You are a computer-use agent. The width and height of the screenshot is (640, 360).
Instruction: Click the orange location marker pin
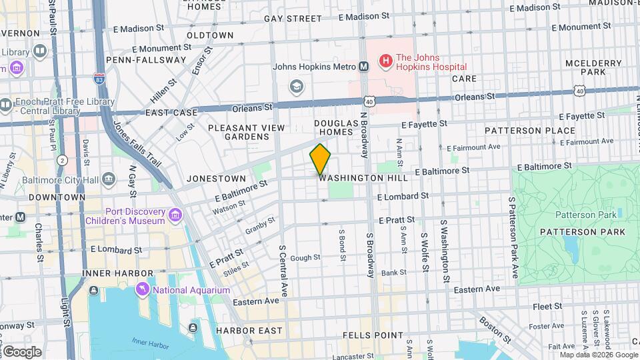pos(321,159)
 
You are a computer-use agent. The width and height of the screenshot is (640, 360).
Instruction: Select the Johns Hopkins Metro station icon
pos(364,66)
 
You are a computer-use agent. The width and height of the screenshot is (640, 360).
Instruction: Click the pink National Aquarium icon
pos(142,289)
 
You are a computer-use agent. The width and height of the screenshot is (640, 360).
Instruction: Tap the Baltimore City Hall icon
pos(109,179)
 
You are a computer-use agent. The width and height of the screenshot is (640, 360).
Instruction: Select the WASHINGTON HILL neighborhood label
pos(363,179)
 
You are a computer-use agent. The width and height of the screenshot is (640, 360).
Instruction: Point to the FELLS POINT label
pos(373,335)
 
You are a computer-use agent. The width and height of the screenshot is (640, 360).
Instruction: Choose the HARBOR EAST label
pos(249,331)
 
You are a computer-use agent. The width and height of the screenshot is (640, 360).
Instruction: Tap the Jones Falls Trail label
pos(137,144)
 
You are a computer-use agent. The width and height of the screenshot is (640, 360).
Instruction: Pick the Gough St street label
pos(305,257)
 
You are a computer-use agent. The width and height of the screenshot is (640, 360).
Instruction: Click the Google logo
pos(21,351)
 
